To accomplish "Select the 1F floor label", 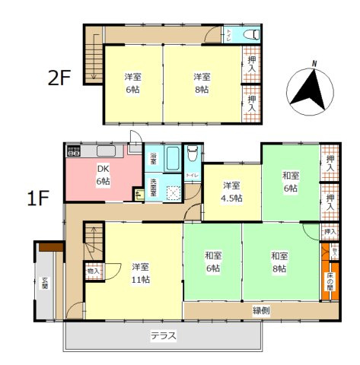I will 38,199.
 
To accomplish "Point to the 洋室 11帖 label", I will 139,273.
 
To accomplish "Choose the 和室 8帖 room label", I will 279,262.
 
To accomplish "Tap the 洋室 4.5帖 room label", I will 232,192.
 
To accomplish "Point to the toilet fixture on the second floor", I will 252,35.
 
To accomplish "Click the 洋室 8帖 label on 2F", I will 201,83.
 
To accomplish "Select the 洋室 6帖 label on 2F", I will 133,83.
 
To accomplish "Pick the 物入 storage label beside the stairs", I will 93,270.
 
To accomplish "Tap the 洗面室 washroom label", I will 153,186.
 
